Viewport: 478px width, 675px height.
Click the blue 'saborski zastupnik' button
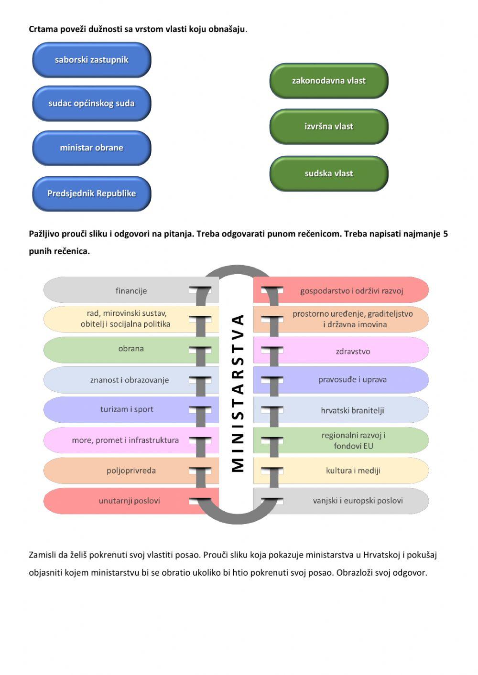click(92, 60)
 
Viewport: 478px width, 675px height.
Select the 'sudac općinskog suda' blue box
click(92, 103)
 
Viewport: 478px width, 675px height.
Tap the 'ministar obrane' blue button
click(92, 148)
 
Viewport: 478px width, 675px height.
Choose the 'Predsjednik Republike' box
click(92, 193)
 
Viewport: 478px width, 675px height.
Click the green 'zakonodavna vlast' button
click(329, 81)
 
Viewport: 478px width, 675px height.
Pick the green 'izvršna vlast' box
click(329, 127)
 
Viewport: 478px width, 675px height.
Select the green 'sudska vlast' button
click(329, 173)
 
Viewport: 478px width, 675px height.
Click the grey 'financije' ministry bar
click(131, 290)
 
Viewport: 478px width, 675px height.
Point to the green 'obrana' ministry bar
click(131, 349)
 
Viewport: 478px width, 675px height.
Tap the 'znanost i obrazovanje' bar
click(130, 380)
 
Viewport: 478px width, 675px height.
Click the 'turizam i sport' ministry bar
click(127, 409)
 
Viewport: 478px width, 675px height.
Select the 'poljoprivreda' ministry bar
click(131, 471)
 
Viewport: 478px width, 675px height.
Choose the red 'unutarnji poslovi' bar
click(129, 501)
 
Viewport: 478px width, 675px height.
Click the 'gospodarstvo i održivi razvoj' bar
click(352, 290)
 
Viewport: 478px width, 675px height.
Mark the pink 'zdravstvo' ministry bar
click(353, 351)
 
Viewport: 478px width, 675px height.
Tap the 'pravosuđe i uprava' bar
click(352, 380)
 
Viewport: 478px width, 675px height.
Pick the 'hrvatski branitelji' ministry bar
click(352, 410)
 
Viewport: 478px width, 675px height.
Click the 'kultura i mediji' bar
click(353, 471)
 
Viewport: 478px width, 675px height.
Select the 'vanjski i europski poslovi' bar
click(358, 501)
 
